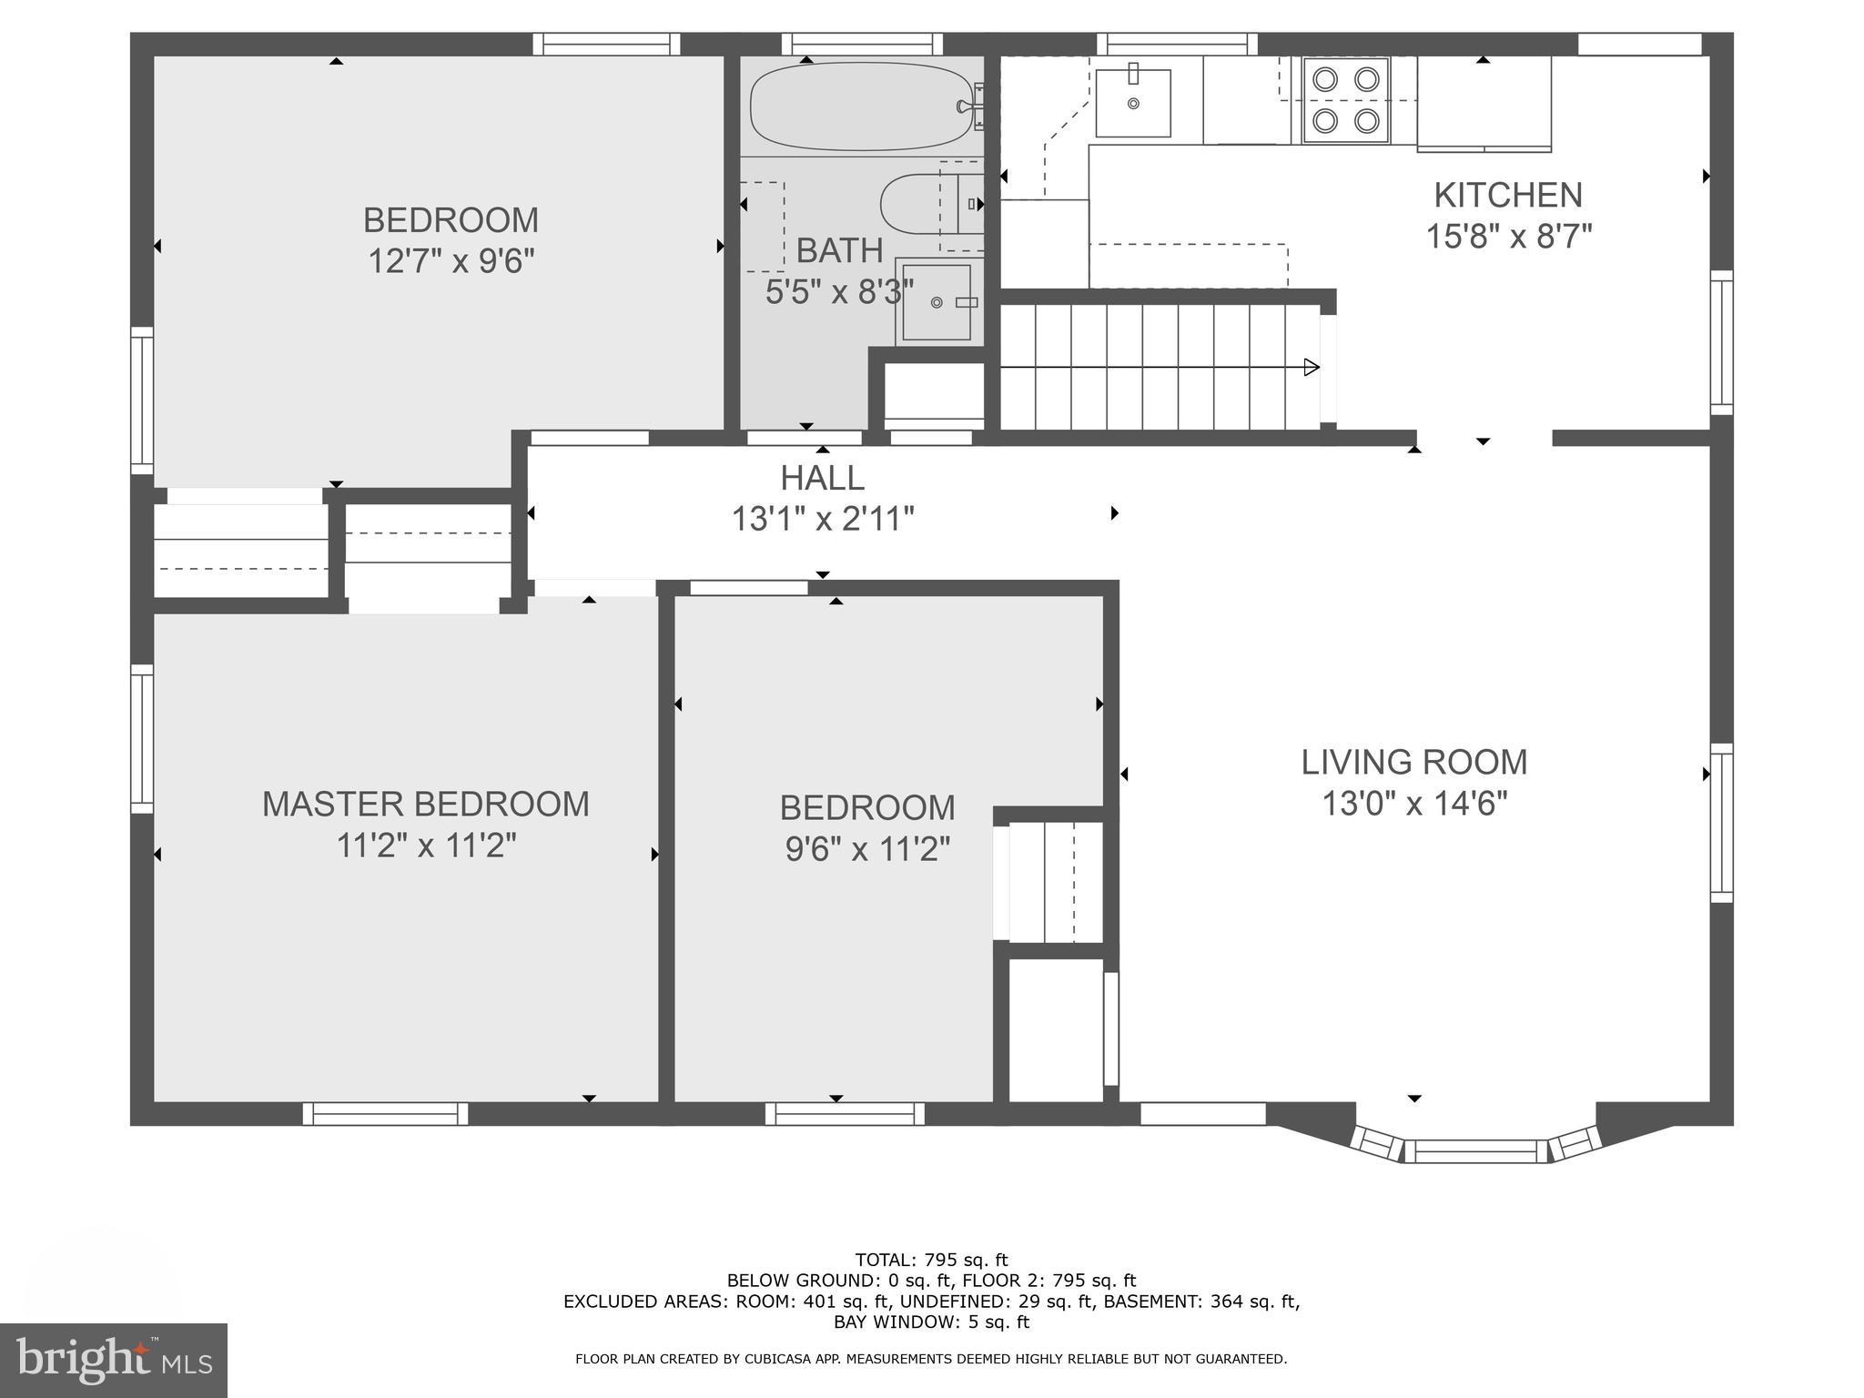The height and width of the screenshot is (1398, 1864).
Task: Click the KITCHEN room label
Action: click(1508, 195)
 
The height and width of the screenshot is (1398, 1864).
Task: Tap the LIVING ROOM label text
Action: click(1413, 762)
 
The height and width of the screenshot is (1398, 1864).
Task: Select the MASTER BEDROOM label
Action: click(425, 804)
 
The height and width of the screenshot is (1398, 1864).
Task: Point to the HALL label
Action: click(822, 478)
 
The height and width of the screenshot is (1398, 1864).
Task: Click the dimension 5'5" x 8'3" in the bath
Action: click(839, 292)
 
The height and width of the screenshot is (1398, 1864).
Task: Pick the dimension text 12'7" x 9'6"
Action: click(451, 262)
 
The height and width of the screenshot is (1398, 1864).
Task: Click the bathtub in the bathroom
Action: click(860, 106)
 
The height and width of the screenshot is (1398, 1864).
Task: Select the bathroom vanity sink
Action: click(937, 301)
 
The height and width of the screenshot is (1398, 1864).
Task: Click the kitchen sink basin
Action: click(1132, 103)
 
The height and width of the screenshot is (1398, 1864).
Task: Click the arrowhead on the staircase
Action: click(1312, 368)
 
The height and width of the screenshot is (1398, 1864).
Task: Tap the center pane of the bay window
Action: click(1475, 1151)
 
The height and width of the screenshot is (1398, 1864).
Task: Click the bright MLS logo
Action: click(113, 1361)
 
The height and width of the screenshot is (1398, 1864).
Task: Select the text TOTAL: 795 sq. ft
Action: click(931, 1260)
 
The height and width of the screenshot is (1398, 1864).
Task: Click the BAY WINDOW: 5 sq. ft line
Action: click(931, 1322)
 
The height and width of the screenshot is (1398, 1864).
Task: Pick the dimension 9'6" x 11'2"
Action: click(867, 850)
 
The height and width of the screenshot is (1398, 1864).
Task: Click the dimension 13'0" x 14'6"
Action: click(1413, 805)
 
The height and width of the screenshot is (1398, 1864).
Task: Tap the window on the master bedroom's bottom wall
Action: click(385, 1113)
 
